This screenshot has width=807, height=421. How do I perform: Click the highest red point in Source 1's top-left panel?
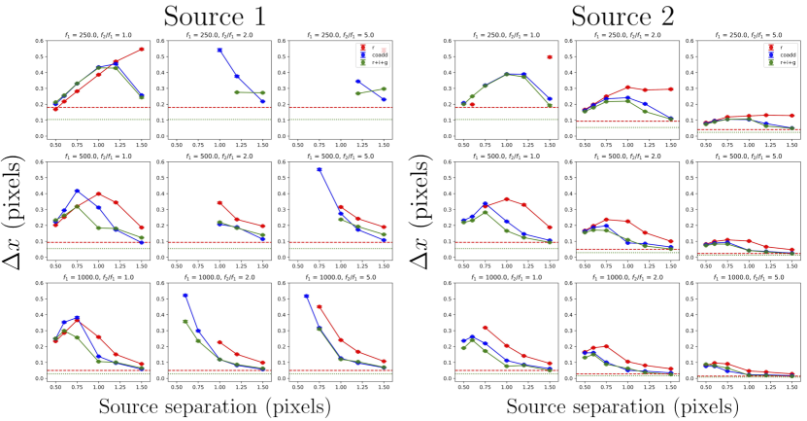click(x=142, y=50)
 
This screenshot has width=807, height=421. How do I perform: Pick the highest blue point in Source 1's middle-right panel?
click(x=319, y=169)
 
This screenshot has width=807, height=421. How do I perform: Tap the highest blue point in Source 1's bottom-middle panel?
click(x=185, y=296)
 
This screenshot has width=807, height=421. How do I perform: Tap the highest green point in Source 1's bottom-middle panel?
click(x=185, y=321)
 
